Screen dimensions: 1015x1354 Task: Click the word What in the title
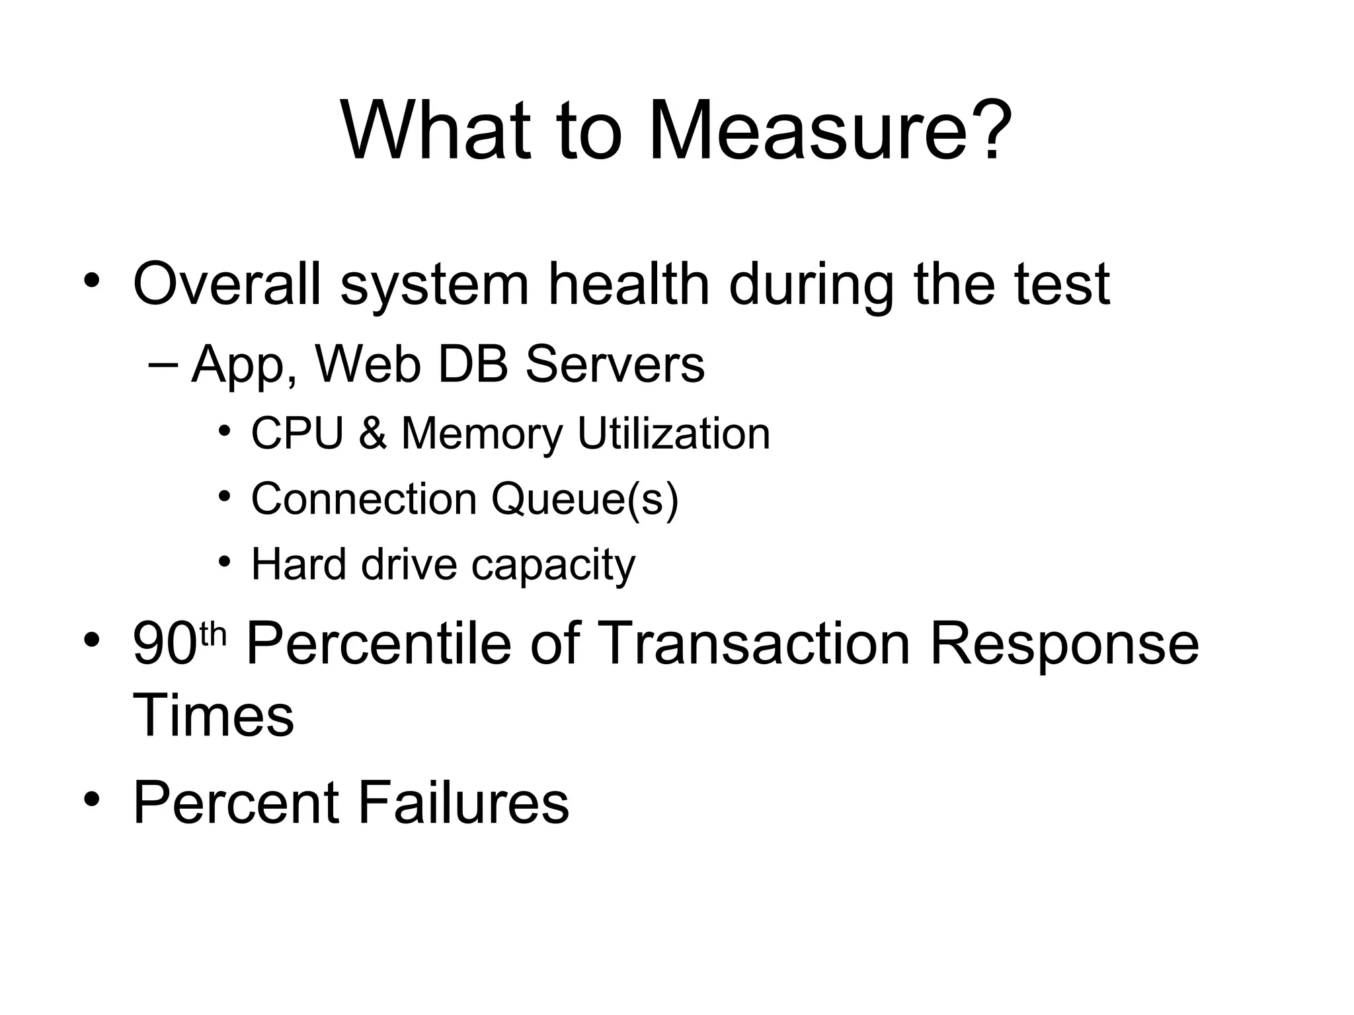(x=436, y=130)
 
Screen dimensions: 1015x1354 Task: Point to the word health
(x=628, y=284)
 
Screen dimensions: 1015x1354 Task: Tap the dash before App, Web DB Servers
(x=163, y=365)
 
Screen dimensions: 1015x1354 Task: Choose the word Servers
(x=615, y=365)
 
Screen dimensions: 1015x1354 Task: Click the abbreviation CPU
(x=298, y=434)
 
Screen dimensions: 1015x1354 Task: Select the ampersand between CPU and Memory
(x=373, y=435)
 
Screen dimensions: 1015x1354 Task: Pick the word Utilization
(x=674, y=434)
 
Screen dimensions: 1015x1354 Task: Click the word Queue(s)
(x=584, y=499)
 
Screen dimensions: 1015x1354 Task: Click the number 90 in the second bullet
(x=165, y=644)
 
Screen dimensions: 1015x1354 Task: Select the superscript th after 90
(x=213, y=634)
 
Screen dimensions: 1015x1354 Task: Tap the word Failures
(x=463, y=803)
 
